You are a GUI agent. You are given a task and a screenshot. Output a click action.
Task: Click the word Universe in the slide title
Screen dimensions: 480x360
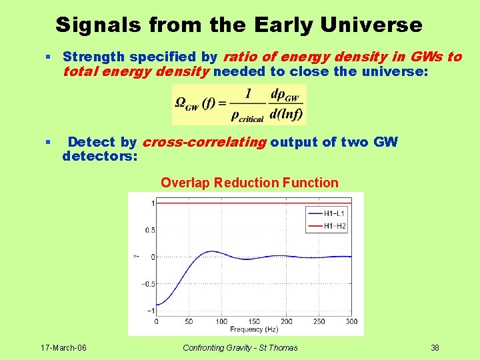[x=371, y=25]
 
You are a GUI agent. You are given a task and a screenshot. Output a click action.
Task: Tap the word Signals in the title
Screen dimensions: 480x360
[x=98, y=25]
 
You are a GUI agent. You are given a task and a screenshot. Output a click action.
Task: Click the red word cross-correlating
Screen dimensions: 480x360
[x=205, y=143]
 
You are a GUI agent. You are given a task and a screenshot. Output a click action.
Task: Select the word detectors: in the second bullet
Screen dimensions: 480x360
[x=100, y=156]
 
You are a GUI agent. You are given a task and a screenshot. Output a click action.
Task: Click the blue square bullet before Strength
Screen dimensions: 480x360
[x=48, y=57]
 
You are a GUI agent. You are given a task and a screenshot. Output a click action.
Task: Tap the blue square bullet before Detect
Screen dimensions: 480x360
[x=48, y=142]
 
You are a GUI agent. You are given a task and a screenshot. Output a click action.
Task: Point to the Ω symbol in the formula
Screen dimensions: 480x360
[x=180, y=102]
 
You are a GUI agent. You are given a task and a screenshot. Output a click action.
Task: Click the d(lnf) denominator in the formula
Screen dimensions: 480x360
[x=286, y=114]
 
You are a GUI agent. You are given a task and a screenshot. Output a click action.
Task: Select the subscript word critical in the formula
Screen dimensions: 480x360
[x=251, y=119]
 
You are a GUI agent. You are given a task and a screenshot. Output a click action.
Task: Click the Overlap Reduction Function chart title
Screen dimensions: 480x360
[x=249, y=183]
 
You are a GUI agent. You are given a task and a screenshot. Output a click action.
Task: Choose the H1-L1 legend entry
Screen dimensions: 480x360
[x=327, y=213]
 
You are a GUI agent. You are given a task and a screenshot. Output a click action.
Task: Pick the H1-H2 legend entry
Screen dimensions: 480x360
[x=327, y=226]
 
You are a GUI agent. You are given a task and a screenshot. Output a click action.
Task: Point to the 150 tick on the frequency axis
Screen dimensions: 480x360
[x=254, y=321]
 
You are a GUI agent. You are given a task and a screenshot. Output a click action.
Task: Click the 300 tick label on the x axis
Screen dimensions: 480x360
[x=351, y=321]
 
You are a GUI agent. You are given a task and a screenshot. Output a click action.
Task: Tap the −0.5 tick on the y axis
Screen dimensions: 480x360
[x=148, y=284]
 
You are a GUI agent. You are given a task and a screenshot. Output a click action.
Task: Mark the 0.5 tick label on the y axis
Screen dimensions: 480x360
[x=150, y=230]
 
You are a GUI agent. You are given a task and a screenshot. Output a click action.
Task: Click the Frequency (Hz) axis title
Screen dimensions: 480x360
[x=254, y=329]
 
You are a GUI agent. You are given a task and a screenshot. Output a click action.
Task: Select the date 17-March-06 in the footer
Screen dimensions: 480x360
[x=64, y=348]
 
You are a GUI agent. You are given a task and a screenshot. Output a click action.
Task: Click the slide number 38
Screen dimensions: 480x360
[x=435, y=348]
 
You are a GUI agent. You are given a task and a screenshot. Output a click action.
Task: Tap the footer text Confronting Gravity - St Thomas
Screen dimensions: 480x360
[x=240, y=348]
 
